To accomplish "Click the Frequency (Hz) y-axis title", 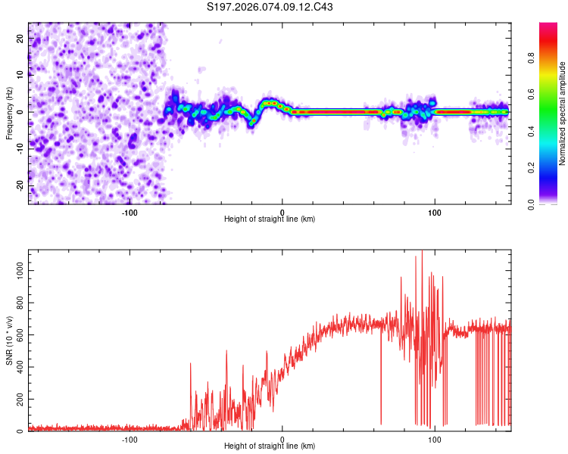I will tap(9, 113).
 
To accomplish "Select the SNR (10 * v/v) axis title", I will tap(9, 340).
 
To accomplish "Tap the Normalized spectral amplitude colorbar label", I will tap(563, 113).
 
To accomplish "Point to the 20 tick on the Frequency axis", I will tap(21, 37).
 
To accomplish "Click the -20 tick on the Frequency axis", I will tap(20, 185).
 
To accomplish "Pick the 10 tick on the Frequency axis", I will tap(21, 74).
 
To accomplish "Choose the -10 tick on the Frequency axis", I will tap(20, 148).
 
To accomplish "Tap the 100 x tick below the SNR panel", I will tap(435, 438).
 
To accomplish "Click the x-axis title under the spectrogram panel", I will tap(270, 219).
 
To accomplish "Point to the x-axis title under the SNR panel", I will tap(270, 446).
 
